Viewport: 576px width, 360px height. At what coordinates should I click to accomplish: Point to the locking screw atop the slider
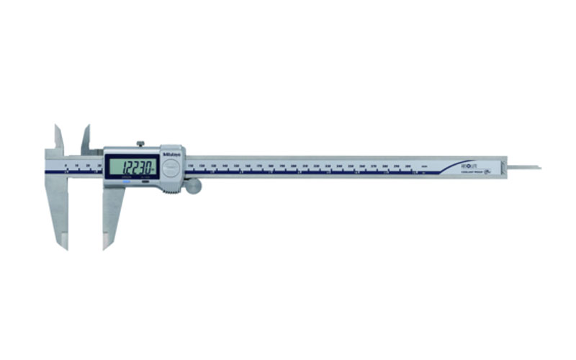click(x=141, y=144)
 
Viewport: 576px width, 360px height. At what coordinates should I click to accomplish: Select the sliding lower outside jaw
click(x=112, y=216)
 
